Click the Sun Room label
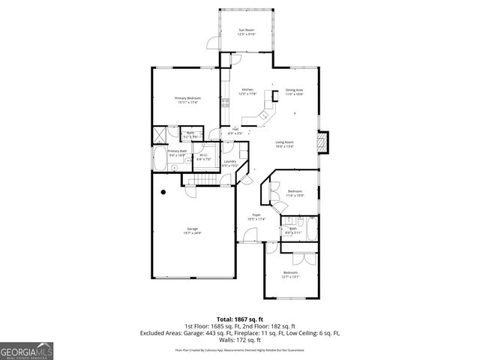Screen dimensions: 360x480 click(247, 32)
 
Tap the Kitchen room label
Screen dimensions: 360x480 click(247, 91)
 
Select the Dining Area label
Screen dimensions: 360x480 click(294, 91)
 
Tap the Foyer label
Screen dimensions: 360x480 click(256, 217)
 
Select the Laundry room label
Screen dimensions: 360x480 click(229, 163)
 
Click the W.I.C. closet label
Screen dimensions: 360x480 click(203, 157)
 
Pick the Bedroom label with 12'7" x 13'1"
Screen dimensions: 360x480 click(290, 274)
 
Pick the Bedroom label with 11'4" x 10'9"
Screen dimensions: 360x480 click(295, 193)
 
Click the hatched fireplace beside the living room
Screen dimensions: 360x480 click(323, 142)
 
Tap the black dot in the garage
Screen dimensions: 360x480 click(163, 192)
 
